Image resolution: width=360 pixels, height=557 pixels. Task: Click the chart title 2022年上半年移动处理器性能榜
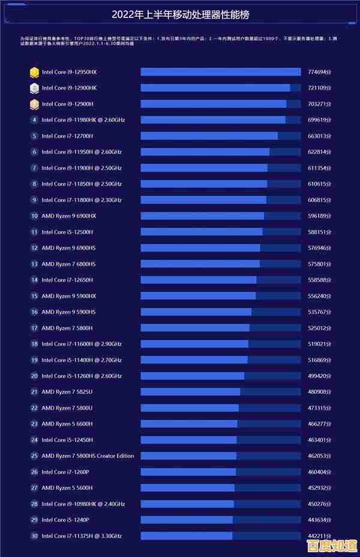pyautogui.click(x=180, y=14)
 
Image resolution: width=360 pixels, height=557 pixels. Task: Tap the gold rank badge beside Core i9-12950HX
pyautogui.click(x=34, y=72)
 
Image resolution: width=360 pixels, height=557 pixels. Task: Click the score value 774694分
pyautogui.click(x=319, y=72)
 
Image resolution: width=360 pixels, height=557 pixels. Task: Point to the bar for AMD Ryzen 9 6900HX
pyautogui.click(x=202, y=216)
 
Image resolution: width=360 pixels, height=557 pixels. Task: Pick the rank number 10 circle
pyautogui.click(x=34, y=216)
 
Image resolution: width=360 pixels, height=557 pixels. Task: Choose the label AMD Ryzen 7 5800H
pyautogui.click(x=67, y=328)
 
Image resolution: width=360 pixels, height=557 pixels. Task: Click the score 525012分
pyautogui.click(x=319, y=328)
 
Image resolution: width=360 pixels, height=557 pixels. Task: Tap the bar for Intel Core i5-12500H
pyautogui.click(x=202, y=232)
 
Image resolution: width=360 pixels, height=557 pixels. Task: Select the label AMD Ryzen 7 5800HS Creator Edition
pyautogui.click(x=88, y=456)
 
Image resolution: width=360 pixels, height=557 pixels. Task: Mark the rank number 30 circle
pyautogui.click(x=34, y=535)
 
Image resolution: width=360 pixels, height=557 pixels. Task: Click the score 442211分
pyautogui.click(x=319, y=535)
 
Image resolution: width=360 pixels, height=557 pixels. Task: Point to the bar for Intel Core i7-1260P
pyautogui.click(x=188, y=472)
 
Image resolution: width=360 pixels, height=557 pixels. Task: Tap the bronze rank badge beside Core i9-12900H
pyautogui.click(x=34, y=104)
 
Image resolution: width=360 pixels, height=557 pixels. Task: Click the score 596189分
pyautogui.click(x=319, y=216)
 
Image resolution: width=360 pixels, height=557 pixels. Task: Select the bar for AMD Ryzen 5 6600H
pyautogui.click(x=189, y=424)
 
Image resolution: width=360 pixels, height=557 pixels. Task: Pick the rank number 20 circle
pyautogui.click(x=34, y=376)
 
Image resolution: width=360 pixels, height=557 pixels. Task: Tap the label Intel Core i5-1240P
pyautogui.click(x=65, y=520)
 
